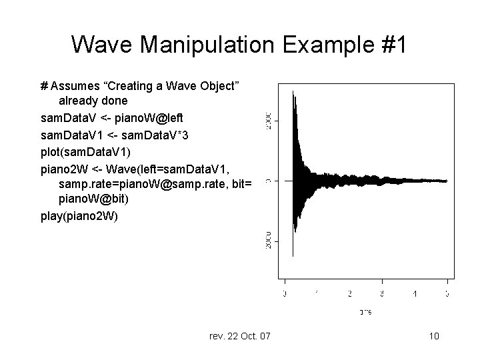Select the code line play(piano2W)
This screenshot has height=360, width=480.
79,216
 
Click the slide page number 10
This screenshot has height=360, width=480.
433,336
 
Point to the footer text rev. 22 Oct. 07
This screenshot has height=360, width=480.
239,336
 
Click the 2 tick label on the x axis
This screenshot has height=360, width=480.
350,293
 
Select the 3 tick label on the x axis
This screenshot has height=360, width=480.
382,293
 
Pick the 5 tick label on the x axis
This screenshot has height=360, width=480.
447,293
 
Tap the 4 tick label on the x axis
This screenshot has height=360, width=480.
415,293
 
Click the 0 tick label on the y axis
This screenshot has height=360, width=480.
267,181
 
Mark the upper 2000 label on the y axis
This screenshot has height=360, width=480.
267,121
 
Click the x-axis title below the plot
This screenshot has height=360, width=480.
365,311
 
